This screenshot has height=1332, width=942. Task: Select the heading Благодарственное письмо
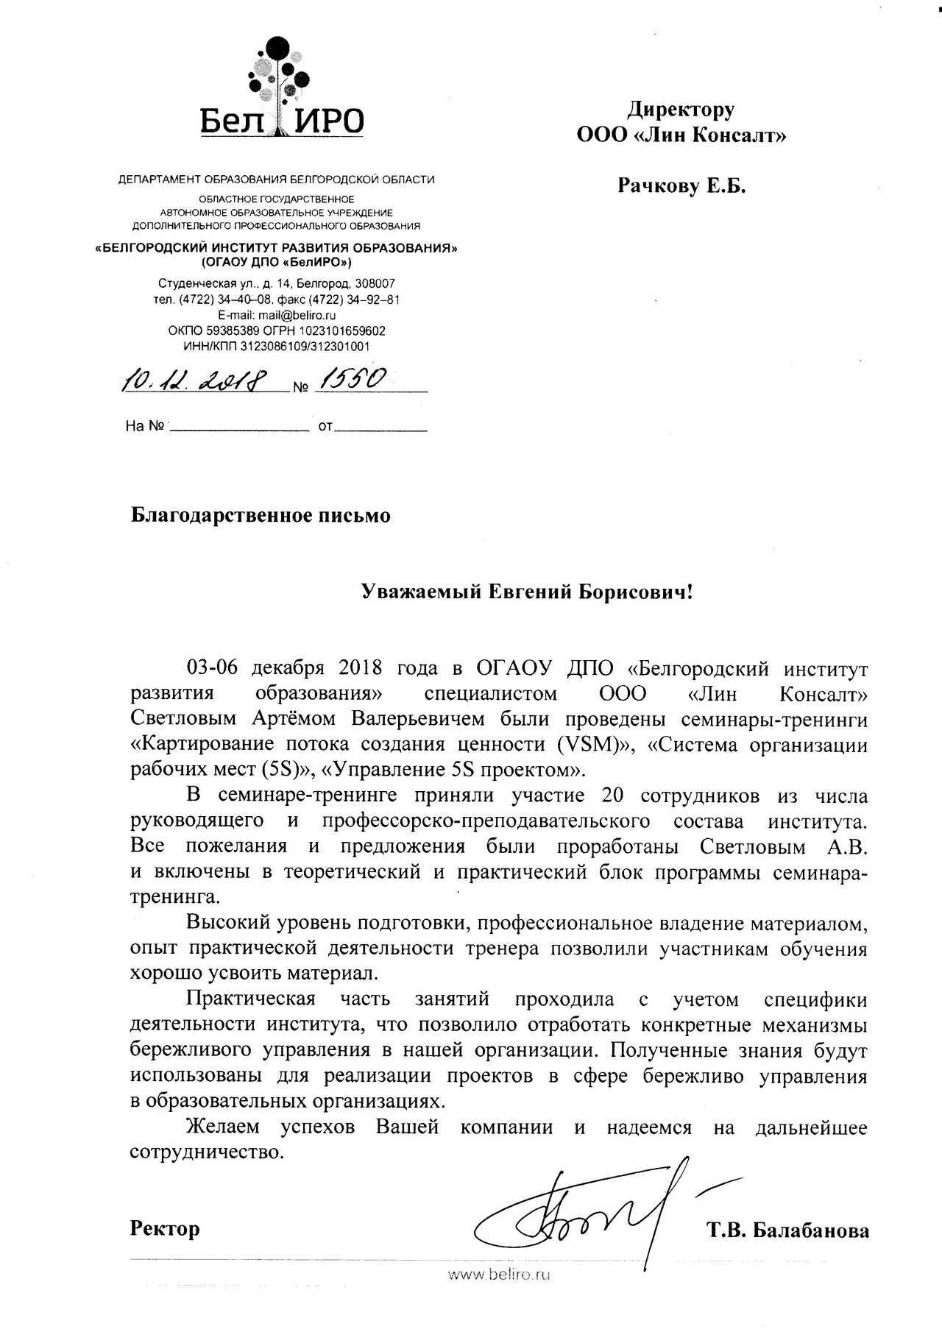click(x=261, y=515)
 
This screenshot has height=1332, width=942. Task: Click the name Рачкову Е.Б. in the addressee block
click(x=681, y=186)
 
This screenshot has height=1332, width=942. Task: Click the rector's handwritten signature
click(x=589, y=1222)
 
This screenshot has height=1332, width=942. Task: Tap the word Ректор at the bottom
click(x=165, y=1228)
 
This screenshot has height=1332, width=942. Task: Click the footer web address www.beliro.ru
click(x=500, y=1275)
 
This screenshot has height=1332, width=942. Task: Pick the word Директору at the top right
click(x=681, y=110)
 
